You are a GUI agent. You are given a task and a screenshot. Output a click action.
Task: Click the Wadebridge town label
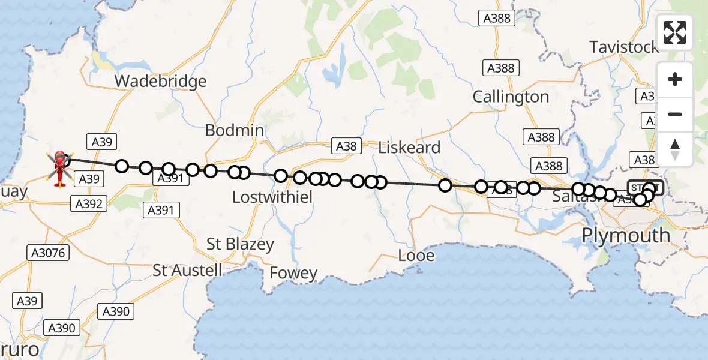click(x=160, y=81)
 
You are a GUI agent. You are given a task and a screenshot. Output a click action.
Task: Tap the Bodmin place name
click(x=235, y=130)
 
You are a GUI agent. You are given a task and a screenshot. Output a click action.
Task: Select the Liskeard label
click(x=410, y=147)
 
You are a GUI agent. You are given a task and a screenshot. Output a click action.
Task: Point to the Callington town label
click(x=511, y=97)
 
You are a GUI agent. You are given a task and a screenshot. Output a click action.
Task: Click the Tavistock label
click(x=624, y=47)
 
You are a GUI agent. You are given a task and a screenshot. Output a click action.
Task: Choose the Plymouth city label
click(x=626, y=235)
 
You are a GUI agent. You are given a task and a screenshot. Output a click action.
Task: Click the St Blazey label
click(x=240, y=244)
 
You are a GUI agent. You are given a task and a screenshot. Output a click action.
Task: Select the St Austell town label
click(x=187, y=270)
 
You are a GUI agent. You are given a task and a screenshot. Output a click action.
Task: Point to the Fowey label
click(x=293, y=274)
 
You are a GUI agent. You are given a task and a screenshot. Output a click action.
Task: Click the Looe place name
click(x=416, y=256)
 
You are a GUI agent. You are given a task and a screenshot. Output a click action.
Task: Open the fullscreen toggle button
click(x=675, y=32)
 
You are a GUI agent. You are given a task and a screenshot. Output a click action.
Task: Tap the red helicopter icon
click(x=60, y=166)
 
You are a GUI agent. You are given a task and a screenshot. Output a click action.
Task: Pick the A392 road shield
click(x=89, y=203)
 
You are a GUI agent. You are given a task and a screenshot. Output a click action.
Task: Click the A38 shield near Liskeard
click(x=346, y=146)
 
